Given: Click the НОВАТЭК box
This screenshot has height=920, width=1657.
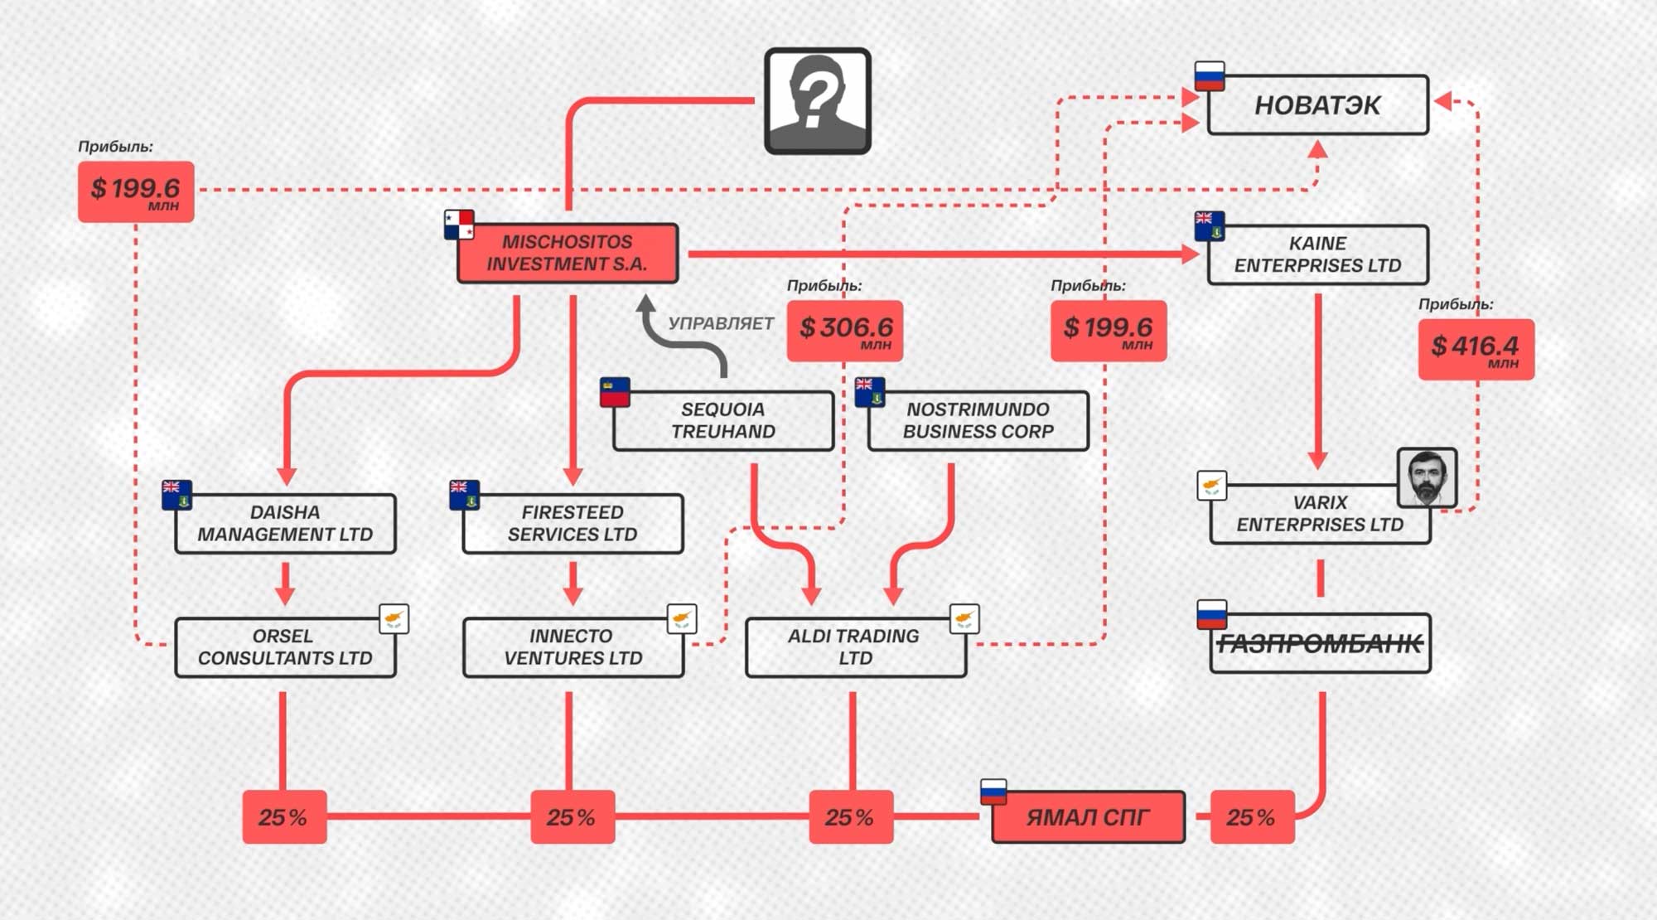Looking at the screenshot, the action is click(x=1317, y=105).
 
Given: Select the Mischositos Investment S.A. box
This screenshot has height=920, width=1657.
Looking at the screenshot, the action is click(x=568, y=253).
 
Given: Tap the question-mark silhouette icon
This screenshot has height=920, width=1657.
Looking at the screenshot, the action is click(x=817, y=101).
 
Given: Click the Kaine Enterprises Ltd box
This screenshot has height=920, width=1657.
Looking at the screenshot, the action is click(x=1317, y=254).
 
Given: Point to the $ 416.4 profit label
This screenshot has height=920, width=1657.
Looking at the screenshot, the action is click(x=1476, y=349).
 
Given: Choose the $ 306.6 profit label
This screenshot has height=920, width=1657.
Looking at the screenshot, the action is click(x=844, y=331).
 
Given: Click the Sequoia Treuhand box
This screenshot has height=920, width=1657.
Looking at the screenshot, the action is click(x=723, y=421).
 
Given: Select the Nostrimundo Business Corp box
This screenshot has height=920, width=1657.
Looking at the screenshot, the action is click(x=978, y=421).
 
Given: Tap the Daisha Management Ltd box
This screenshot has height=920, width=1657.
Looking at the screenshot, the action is click(x=285, y=524).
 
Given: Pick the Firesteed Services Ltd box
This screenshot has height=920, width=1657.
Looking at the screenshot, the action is click(x=572, y=524).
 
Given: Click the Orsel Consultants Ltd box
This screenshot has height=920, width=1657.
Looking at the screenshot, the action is click(x=285, y=647).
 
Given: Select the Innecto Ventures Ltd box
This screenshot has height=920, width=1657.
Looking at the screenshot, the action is click(x=573, y=647).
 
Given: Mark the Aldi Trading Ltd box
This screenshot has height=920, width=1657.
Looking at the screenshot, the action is click(x=856, y=647).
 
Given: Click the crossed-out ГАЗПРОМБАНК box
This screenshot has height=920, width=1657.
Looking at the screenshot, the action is click(x=1321, y=643).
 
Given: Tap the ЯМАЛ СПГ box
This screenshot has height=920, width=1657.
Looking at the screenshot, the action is click(x=1088, y=817).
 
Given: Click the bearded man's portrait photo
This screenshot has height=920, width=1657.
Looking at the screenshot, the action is click(x=1427, y=477).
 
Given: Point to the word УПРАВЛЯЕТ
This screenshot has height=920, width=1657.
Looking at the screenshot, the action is click(x=721, y=324).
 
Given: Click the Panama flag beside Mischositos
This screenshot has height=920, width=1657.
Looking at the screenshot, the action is click(x=459, y=225).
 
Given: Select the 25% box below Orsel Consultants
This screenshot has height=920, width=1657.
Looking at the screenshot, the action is click(x=284, y=817).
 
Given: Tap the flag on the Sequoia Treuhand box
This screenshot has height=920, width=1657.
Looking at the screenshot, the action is click(x=615, y=392).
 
